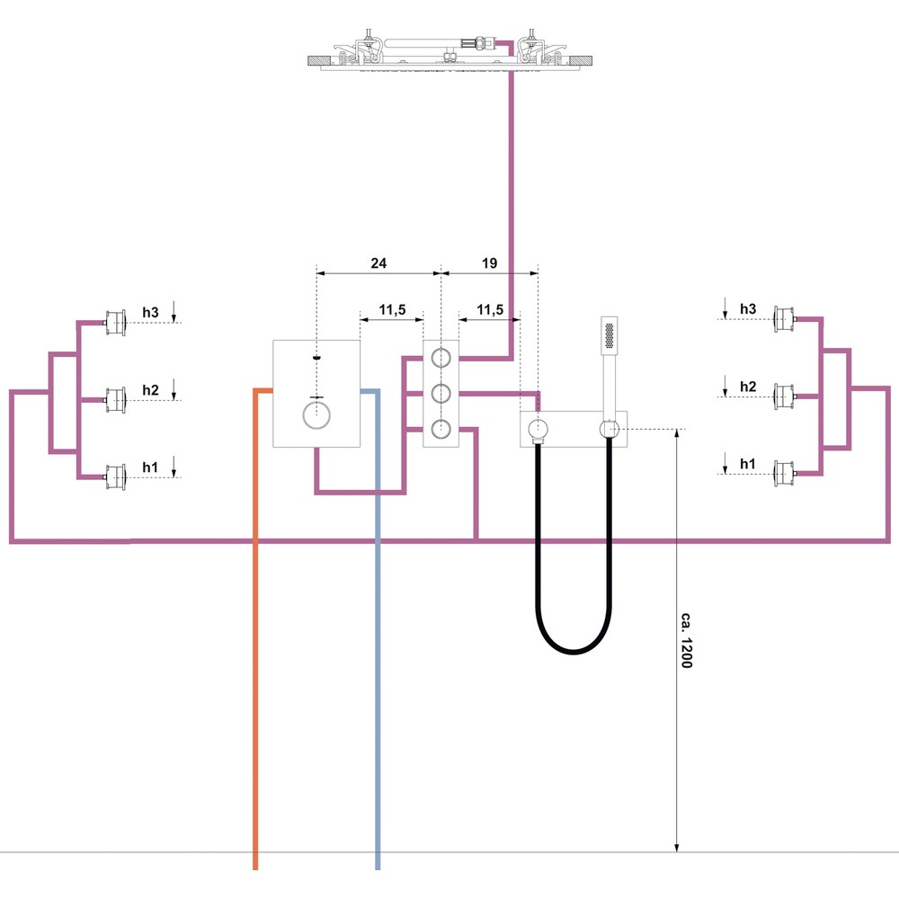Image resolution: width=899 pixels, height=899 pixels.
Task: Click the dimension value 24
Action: coord(378,263)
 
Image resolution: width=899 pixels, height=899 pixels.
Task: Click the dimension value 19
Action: coord(489,263)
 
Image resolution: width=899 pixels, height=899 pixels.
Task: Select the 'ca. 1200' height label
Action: coord(686,640)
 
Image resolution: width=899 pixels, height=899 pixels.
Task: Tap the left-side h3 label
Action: coord(150,313)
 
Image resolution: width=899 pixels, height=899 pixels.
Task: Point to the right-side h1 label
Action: coord(748,464)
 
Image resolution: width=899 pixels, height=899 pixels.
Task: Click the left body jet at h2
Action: coord(115,400)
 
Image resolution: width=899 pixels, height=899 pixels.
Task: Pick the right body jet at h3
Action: coord(784,319)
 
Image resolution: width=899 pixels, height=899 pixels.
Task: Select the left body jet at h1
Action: coord(115,477)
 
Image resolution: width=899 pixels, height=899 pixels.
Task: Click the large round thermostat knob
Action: coord(316,415)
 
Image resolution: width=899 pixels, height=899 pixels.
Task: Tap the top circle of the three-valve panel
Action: coord(441,358)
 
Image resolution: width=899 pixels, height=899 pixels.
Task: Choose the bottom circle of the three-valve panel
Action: coord(441,429)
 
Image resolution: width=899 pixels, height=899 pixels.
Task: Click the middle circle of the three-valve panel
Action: coord(441,394)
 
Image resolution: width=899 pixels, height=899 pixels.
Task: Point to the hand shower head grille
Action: coord(609,336)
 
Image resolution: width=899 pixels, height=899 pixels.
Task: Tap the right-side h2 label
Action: coord(748,387)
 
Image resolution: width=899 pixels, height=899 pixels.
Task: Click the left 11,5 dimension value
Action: coord(392,310)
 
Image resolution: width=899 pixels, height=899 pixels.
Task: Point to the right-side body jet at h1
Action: coord(784,474)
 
